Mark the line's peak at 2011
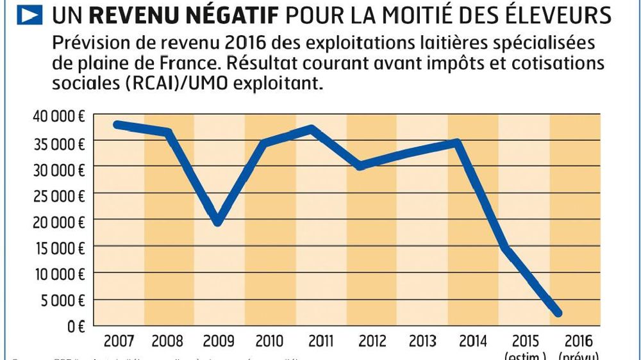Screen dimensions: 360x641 [312, 129]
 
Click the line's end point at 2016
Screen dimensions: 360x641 [558, 313]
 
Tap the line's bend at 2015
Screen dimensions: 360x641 [506, 247]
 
